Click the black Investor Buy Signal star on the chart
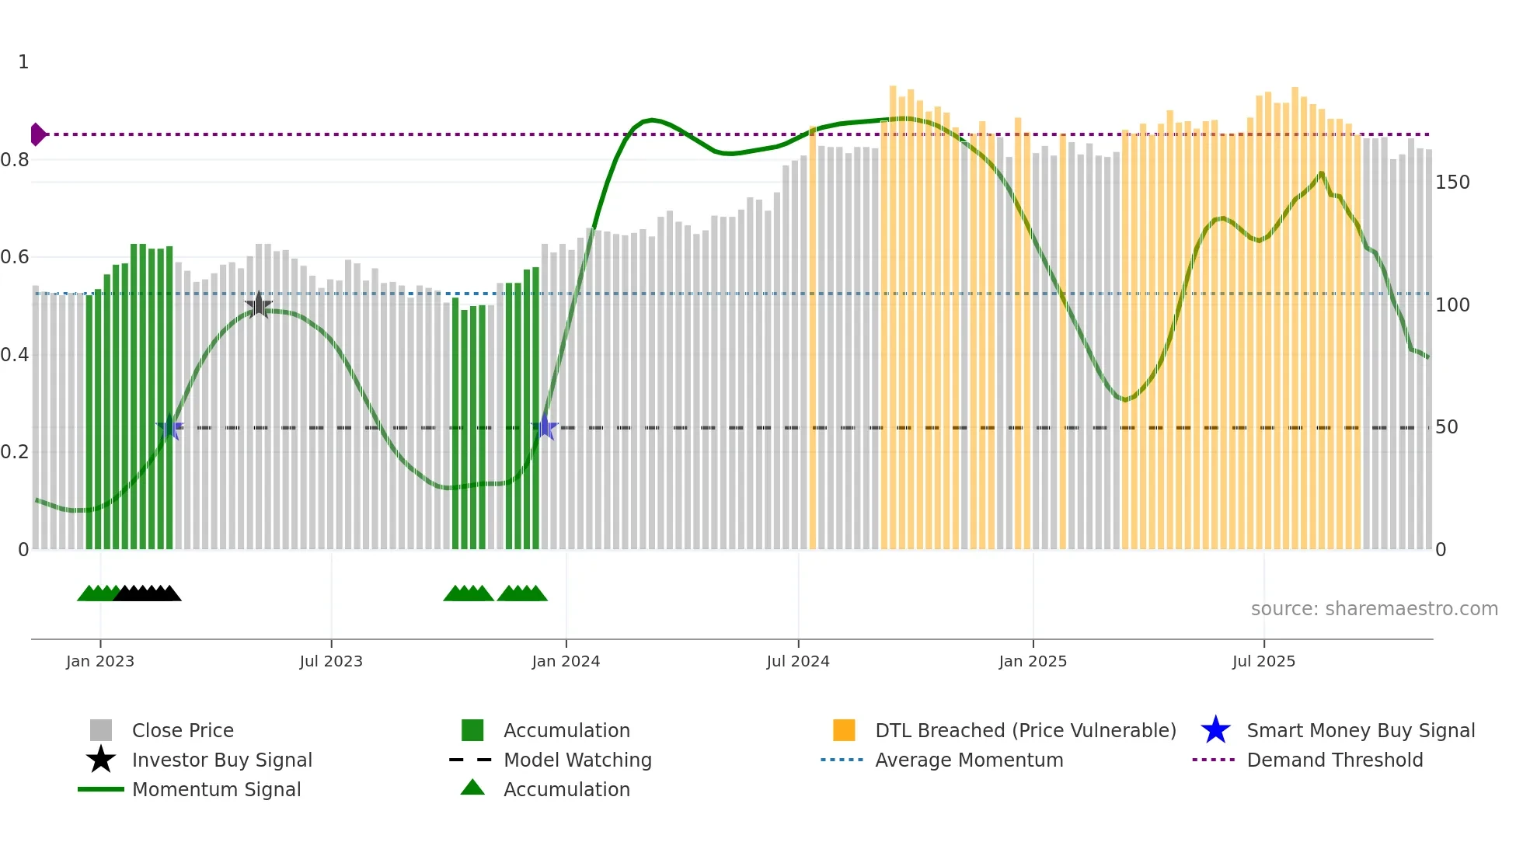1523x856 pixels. (258, 305)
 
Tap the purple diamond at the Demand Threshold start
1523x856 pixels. (37, 134)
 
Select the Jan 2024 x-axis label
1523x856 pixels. (566, 661)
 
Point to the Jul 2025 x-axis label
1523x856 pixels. (1263, 661)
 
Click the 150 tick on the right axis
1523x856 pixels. (1452, 183)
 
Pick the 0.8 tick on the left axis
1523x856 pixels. (16, 160)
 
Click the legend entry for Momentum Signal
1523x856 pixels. (216, 789)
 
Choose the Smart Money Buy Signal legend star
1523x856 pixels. (1215, 730)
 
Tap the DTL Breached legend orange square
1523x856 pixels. (844, 730)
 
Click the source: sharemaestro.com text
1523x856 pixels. (1374, 608)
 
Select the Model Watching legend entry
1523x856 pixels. (577, 760)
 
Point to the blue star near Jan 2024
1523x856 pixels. (545, 427)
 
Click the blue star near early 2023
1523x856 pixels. (169, 427)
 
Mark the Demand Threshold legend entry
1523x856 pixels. (1334, 760)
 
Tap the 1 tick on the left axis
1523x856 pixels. (23, 62)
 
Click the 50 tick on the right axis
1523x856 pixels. (1446, 427)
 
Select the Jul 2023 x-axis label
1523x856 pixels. (331, 661)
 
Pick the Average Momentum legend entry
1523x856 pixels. (968, 760)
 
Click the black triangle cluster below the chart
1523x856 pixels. (148, 593)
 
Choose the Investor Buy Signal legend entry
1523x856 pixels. (221, 760)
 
